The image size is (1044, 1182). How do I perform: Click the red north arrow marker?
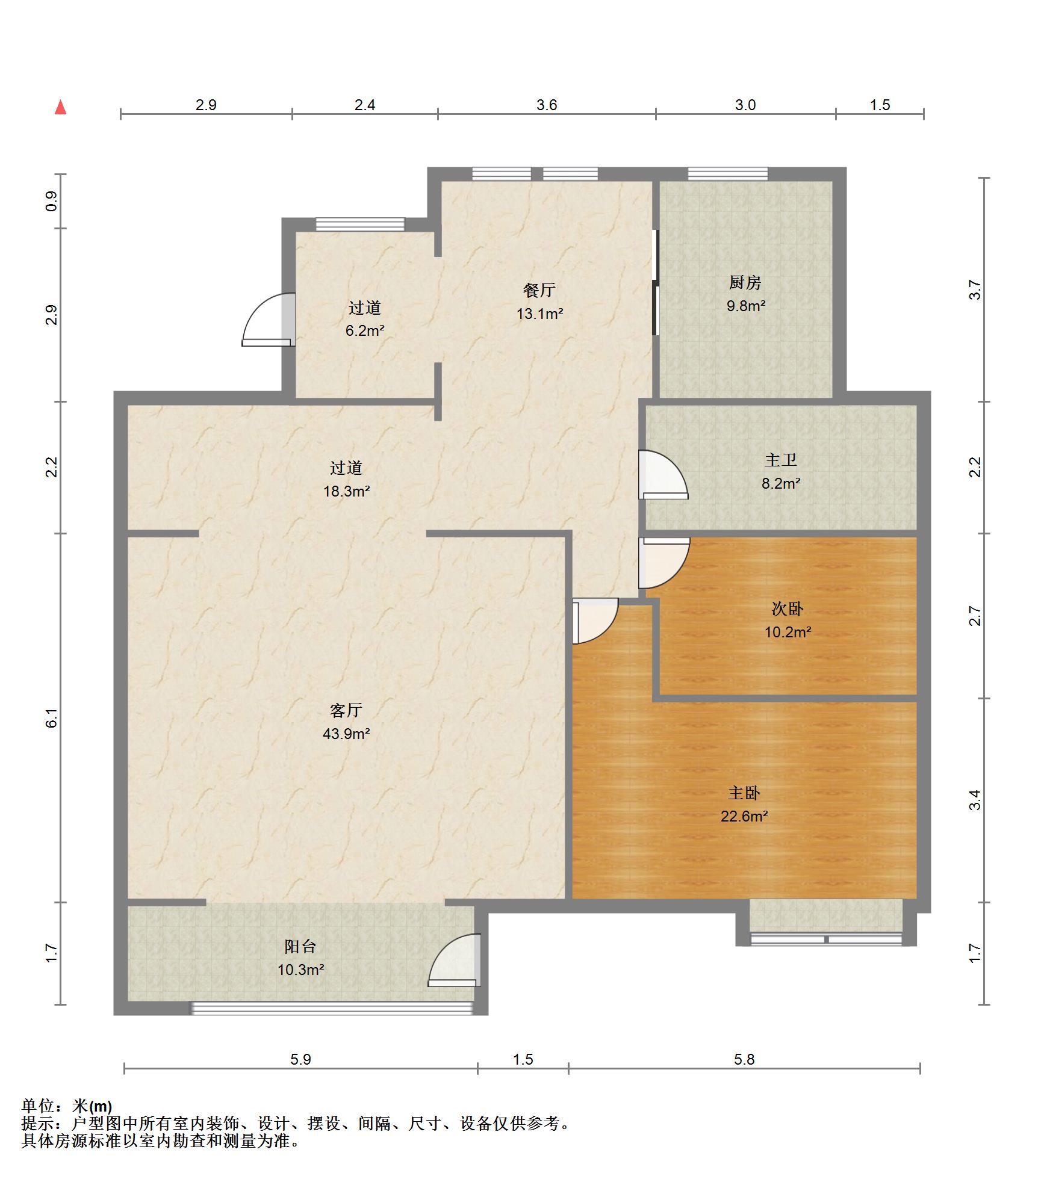pos(60,107)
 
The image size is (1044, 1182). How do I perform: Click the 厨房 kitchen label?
pos(745,282)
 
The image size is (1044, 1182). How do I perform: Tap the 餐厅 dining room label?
pos(539,290)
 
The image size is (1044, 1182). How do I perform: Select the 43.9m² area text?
pos(346,734)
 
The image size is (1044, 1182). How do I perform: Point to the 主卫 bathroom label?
pos(781,460)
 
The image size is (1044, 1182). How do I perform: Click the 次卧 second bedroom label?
pos(788,608)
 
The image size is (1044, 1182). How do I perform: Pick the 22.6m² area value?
pos(744,816)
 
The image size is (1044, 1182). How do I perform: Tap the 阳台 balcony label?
pos(300,946)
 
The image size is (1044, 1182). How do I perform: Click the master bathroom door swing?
pos(663,475)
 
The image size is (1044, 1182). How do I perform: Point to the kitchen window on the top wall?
pos(728,174)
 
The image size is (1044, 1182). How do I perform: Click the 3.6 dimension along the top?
pos(547,105)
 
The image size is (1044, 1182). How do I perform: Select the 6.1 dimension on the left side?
pos(52,718)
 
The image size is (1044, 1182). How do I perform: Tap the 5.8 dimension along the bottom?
pos(744,1059)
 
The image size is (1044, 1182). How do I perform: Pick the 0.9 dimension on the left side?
pos(52,201)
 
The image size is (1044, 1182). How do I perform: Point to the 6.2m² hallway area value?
pos(365,330)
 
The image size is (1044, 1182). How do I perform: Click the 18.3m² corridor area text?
pos(346,491)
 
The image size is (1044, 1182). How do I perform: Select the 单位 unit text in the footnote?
pos(37,1106)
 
